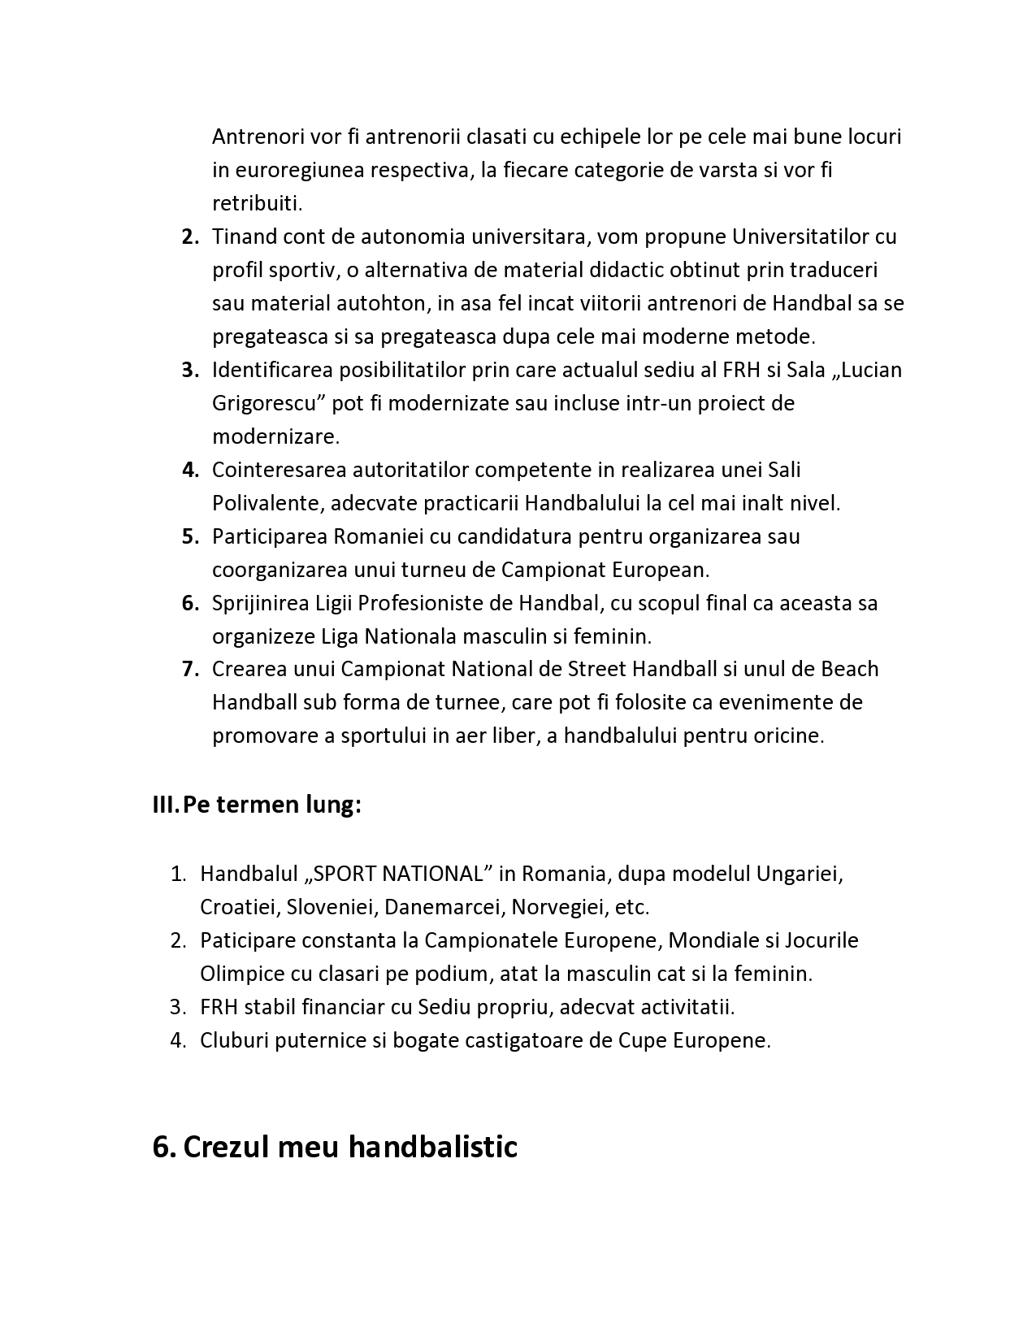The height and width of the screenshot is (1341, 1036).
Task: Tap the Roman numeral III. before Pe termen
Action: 166,805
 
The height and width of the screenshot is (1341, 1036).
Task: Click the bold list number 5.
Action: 190,536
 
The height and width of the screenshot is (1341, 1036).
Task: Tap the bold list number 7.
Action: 190,669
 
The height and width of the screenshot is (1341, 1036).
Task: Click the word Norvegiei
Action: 557,907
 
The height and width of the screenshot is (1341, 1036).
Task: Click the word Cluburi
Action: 233,1040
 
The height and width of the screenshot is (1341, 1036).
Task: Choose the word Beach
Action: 850,669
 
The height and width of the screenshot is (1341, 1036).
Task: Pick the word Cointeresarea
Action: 281,470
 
